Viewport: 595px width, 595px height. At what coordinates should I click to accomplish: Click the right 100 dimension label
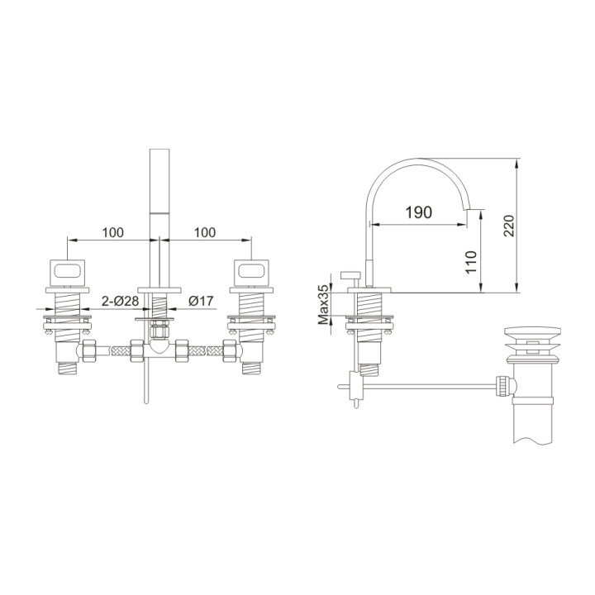[x=205, y=232]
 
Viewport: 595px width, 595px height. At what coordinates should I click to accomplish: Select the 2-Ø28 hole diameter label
[x=121, y=302]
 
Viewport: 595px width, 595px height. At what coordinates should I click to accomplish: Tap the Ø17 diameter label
[x=202, y=302]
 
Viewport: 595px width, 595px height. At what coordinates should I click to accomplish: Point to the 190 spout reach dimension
[x=418, y=212]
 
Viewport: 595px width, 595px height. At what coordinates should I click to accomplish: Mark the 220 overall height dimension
[x=509, y=225]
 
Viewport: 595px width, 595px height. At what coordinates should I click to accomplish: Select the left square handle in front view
[x=67, y=270]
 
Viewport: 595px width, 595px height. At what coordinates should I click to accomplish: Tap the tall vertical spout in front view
[x=158, y=215]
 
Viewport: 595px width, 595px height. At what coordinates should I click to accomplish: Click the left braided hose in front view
[x=120, y=350]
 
